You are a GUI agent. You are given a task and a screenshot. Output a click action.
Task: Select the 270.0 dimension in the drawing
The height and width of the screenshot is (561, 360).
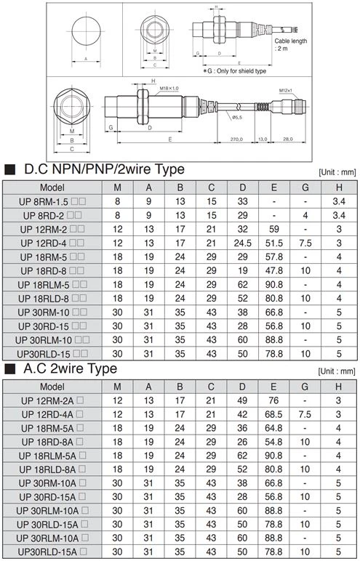pos(237,138)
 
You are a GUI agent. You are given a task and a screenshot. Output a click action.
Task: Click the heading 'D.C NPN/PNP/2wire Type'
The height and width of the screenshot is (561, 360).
pos(104,169)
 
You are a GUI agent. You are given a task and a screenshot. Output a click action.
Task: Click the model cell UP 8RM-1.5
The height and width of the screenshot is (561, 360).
pos(52,201)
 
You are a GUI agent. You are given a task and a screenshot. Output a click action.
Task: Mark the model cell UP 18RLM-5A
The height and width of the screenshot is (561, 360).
pos(52,455)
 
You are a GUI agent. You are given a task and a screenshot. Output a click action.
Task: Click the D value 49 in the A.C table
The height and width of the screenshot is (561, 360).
pos(243,400)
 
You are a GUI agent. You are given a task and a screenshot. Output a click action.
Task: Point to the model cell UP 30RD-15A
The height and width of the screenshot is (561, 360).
pos(52,496)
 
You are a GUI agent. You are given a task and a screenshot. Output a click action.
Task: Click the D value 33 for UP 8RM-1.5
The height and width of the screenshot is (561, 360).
pos(243,201)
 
